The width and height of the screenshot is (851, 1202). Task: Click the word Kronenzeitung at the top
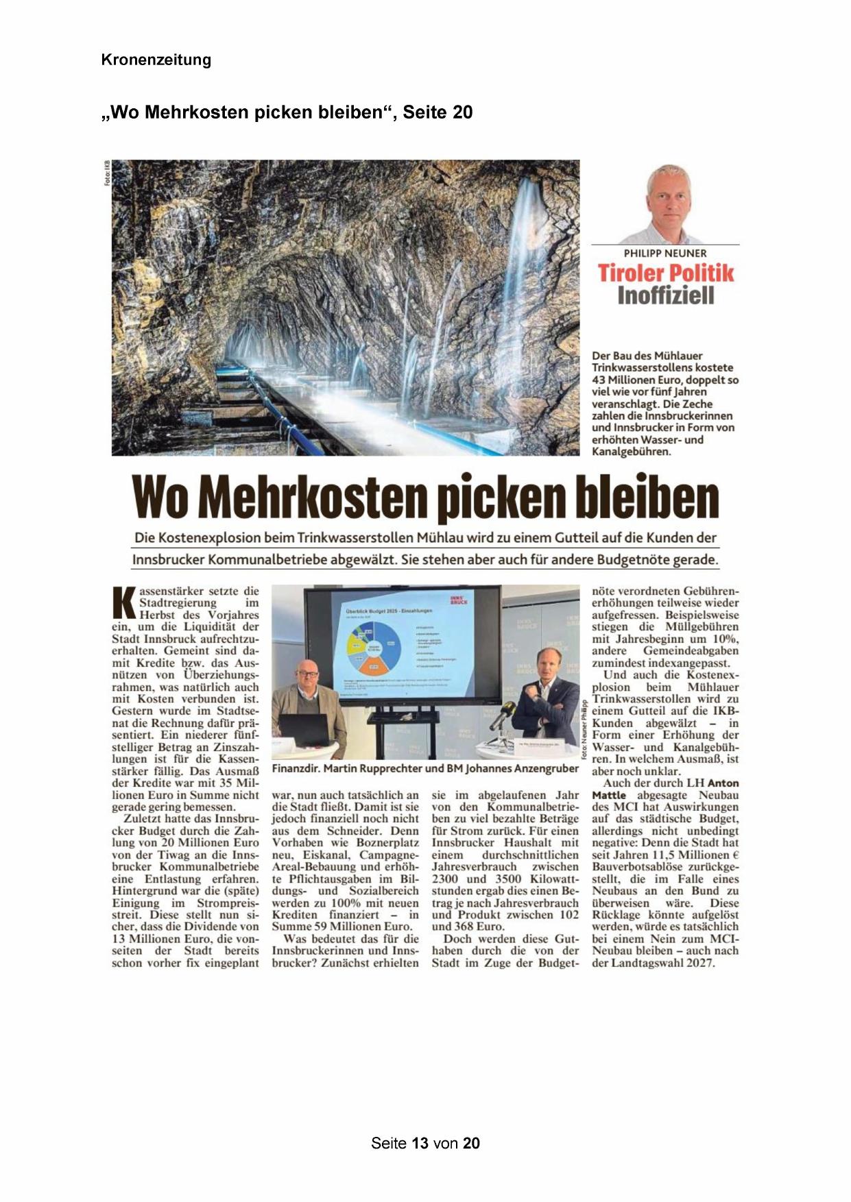(156, 60)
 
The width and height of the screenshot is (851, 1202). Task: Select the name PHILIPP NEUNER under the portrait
(664, 254)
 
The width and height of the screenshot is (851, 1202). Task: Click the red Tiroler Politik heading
(665, 273)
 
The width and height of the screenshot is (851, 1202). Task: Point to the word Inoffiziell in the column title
(665, 296)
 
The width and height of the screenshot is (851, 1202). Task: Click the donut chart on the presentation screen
(374, 648)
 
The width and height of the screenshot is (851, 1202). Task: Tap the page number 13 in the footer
(420, 1143)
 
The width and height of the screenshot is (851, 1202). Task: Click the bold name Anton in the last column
(723, 783)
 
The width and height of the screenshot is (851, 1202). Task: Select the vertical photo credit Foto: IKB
(107, 173)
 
